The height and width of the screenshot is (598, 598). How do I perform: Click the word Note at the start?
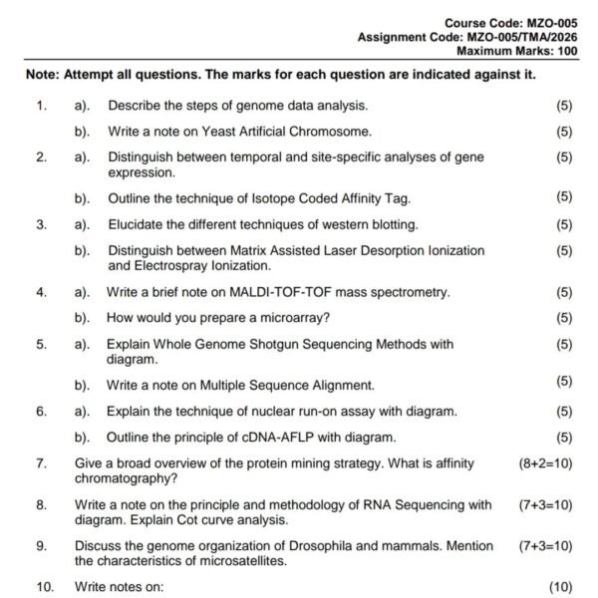[39, 76]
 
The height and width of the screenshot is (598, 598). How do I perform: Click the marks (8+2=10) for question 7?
[545, 463]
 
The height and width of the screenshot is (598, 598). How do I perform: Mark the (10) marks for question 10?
[562, 587]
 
